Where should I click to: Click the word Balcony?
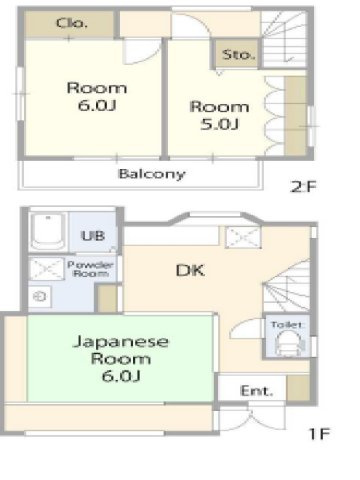click(151, 173)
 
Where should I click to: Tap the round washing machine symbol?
click(41, 297)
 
